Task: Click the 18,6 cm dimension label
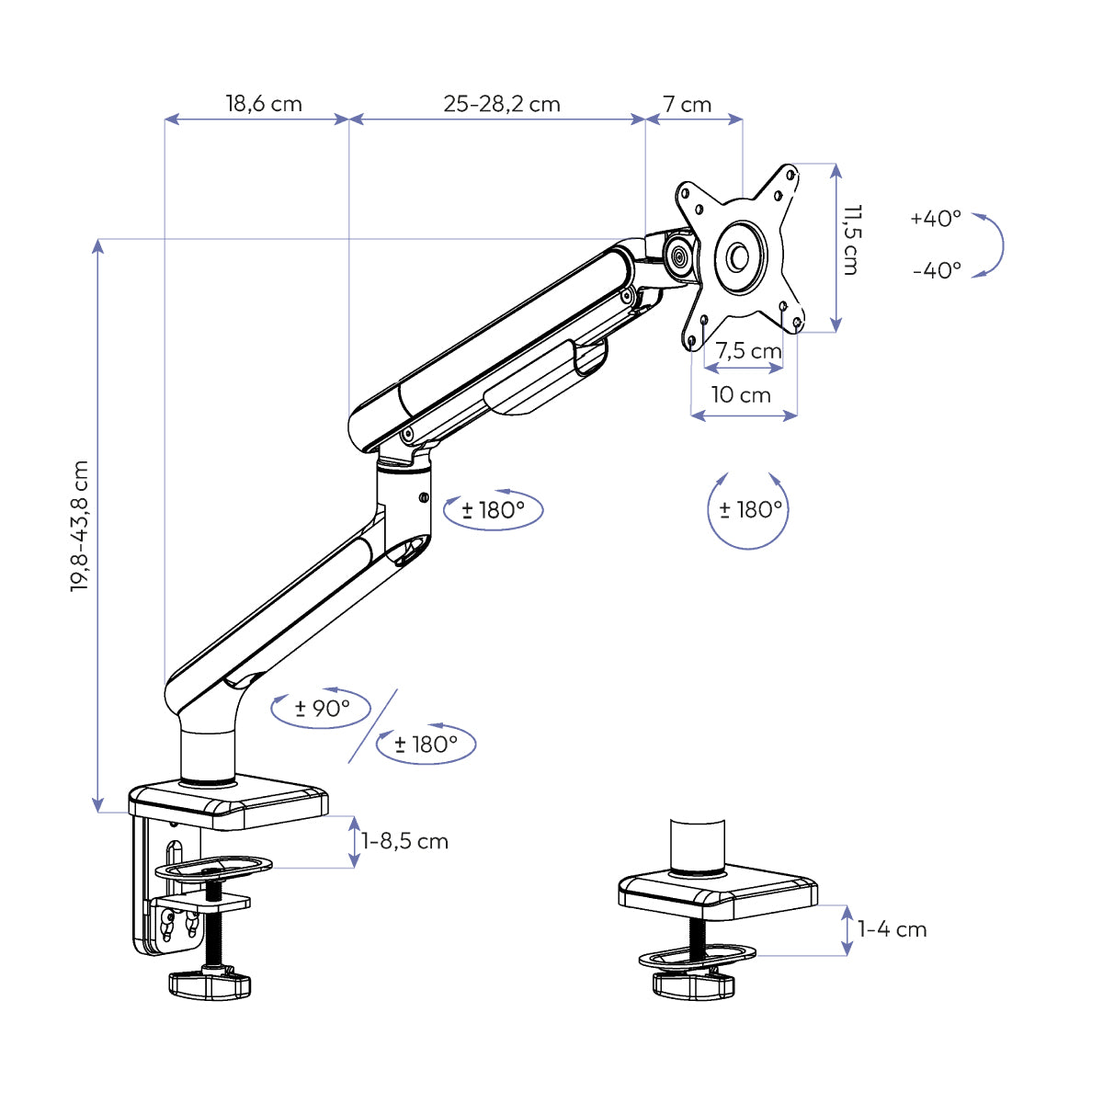[x=264, y=104]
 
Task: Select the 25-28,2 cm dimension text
[x=502, y=104]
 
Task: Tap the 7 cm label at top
[x=688, y=105]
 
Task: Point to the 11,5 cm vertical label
[x=850, y=240]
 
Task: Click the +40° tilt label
[x=936, y=219]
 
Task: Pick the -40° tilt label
[x=937, y=270]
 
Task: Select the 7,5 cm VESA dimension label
[x=748, y=351]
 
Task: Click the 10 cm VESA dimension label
[x=741, y=395]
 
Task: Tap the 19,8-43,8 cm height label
[x=81, y=526]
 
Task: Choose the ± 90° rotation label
[x=322, y=709]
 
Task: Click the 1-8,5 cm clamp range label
[x=404, y=841]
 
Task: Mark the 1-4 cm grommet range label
[x=892, y=929]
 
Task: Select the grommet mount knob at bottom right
[x=694, y=984]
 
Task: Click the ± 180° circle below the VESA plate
[x=749, y=509]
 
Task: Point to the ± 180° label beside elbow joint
[x=494, y=510]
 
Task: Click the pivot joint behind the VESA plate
[x=679, y=256]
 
